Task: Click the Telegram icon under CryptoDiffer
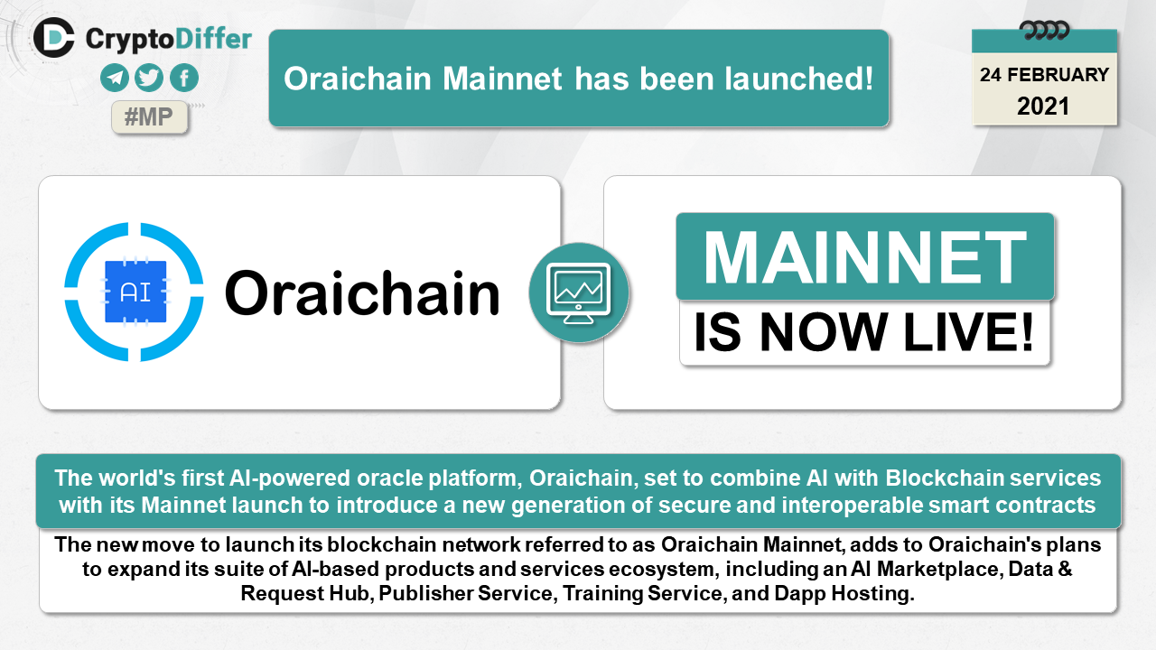tap(115, 78)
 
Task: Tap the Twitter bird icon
tap(149, 78)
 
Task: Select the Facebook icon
tap(184, 78)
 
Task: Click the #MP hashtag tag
tap(150, 117)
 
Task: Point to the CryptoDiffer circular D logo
tap(53, 38)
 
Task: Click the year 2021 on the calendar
tap(1043, 107)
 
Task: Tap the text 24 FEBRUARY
tap(1044, 75)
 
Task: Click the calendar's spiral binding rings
tap(1044, 31)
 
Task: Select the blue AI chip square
tap(135, 292)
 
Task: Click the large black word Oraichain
tap(362, 292)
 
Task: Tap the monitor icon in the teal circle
tap(579, 293)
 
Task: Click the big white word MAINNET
tap(865, 257)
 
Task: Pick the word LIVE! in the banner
tap(969, 332)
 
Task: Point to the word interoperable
tap(851, 505)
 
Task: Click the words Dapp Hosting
tap(844, 594)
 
